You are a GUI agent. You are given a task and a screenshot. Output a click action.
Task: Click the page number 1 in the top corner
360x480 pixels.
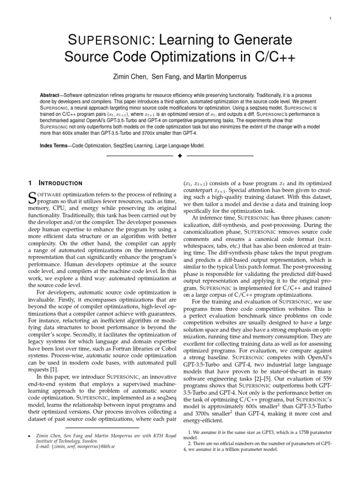[x=331, y=19]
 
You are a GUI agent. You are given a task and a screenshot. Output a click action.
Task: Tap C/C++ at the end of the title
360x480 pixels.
[x=271, y=57]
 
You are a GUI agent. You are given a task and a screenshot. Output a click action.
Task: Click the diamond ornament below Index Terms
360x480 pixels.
[x=179, y=155]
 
